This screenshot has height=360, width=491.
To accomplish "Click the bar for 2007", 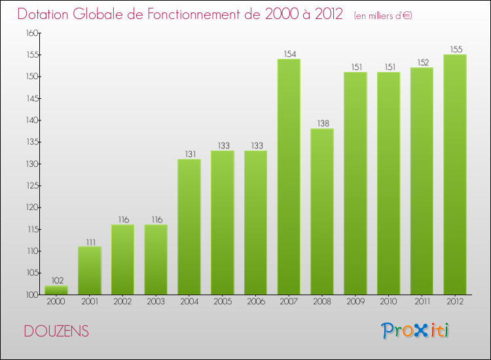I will tap(289, 177).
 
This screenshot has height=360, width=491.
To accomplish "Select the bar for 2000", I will tap(56, 290).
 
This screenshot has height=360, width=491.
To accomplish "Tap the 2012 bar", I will tap(455, 175).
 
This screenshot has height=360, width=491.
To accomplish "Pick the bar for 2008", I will tap(322, 211).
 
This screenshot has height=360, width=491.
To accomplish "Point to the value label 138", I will tap(322, 123).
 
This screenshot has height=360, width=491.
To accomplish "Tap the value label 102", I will tap(56, 280).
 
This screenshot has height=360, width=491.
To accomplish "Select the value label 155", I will tap(455, 49).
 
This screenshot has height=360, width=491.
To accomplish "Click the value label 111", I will tap(90, 241).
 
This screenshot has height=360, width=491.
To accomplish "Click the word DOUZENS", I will tap(56, 332).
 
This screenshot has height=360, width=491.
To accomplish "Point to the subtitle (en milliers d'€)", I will tap(383, 15).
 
